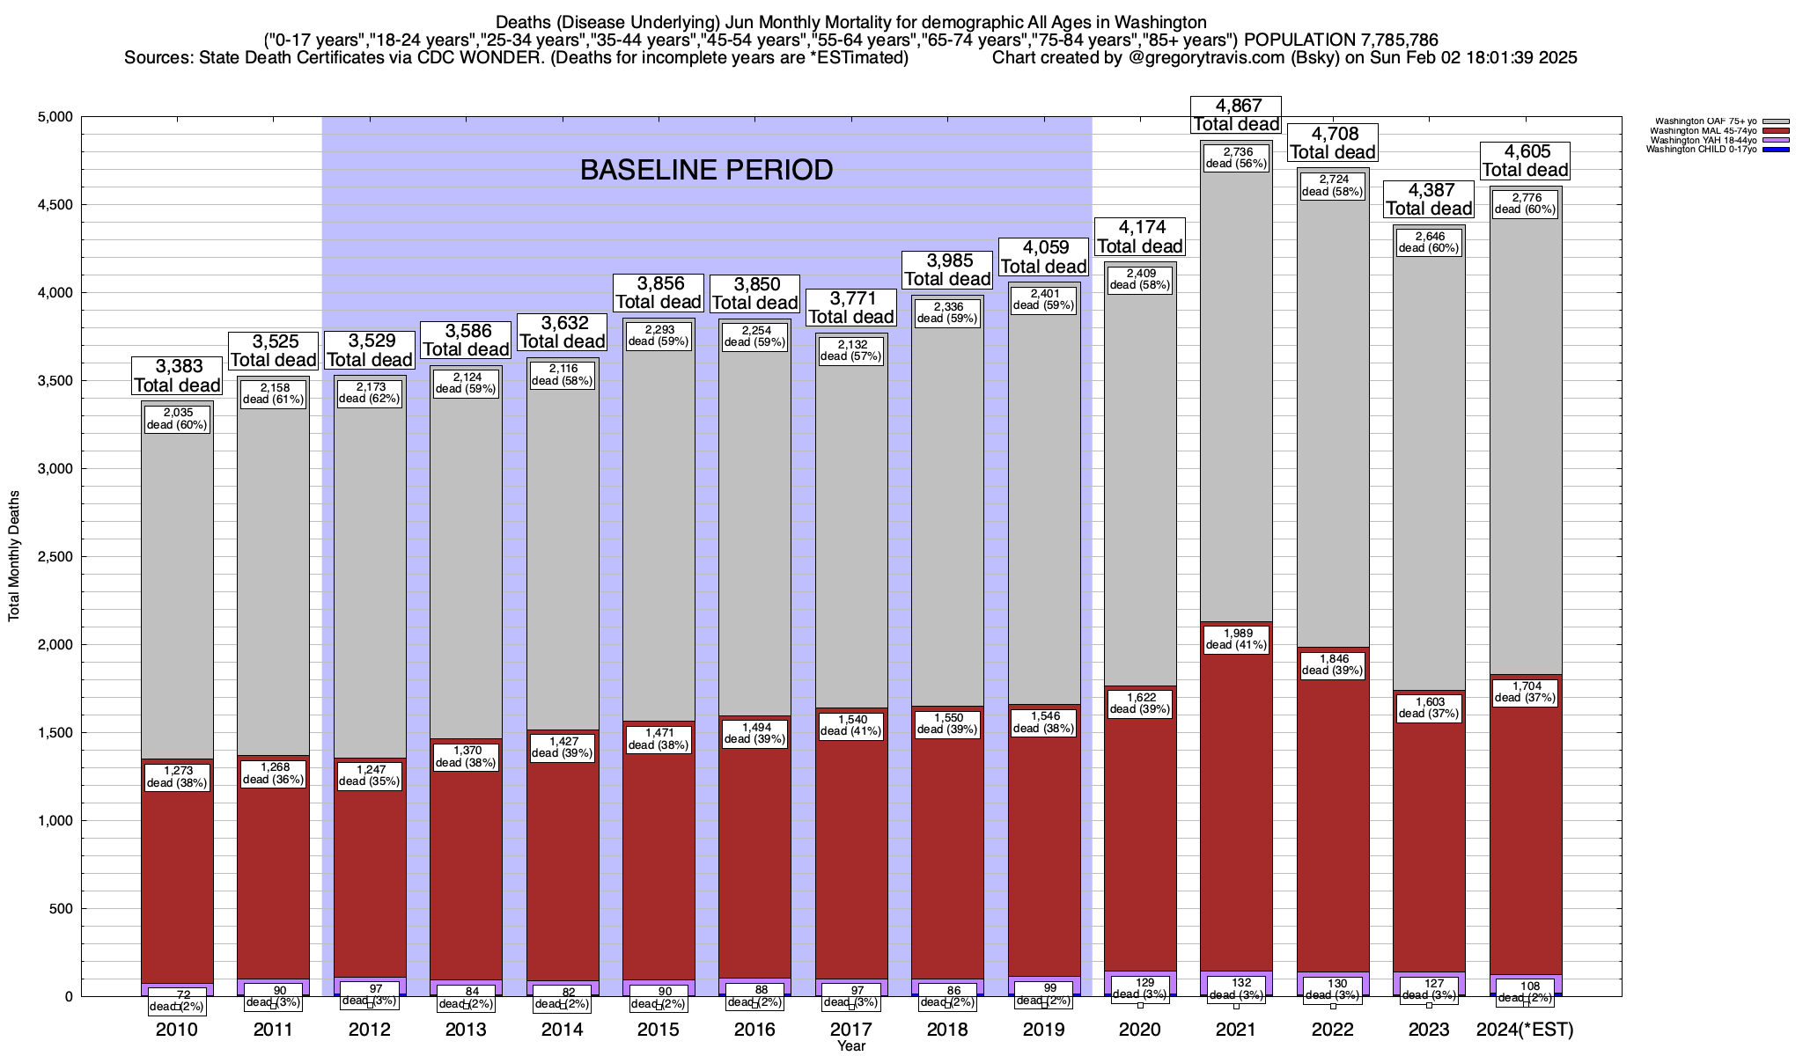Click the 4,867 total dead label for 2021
coord(1236,115)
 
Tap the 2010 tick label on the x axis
coord(177,1030)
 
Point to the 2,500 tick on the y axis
coord(54,557)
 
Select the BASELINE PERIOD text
coord(706,170)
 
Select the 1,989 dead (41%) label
coord(1236,639)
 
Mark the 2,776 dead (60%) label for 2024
coord(1526,203)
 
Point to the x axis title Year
coord(851,1046)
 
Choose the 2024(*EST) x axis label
coord(1525,1030)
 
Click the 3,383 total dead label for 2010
coord(177,376)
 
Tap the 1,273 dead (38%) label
coord(177,777)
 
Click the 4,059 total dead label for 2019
coord(1044,257)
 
